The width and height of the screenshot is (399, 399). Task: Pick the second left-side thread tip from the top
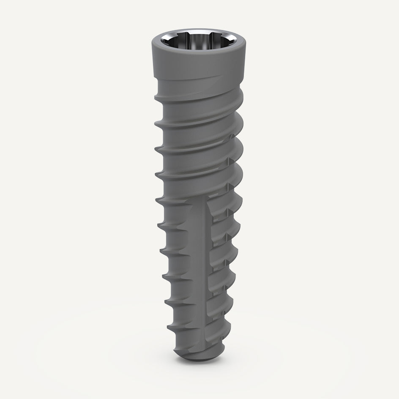point(155,123)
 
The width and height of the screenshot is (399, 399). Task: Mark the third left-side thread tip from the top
point(155,148)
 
